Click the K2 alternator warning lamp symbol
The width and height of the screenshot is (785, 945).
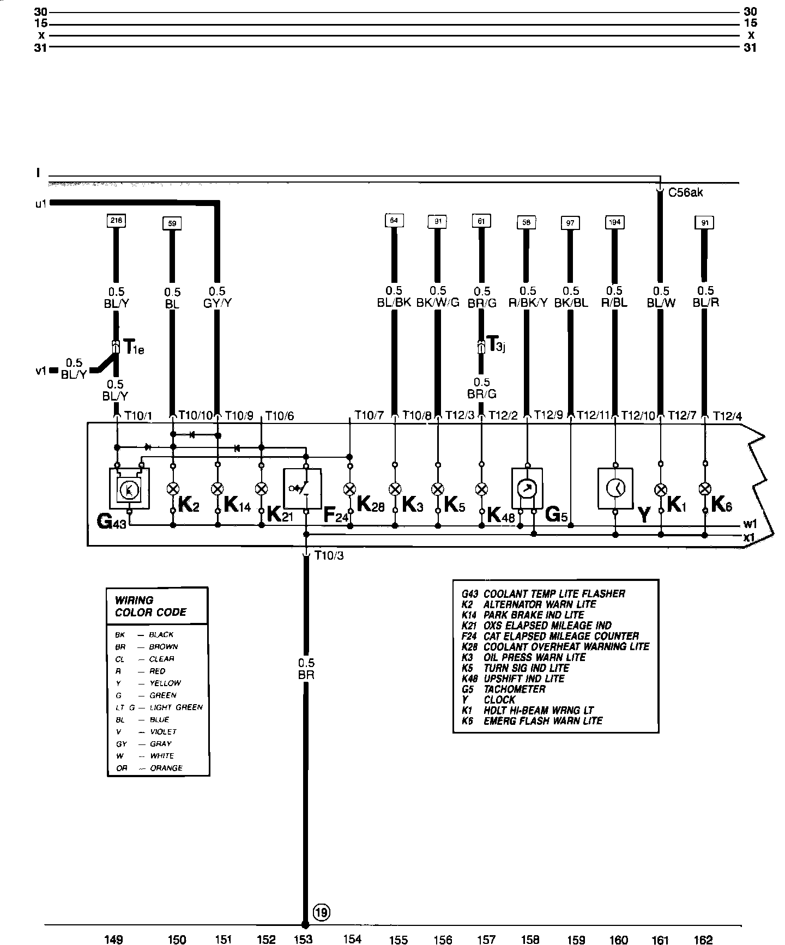(x=173, y=488)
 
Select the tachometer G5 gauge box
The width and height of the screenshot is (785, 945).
(x=527, y=488)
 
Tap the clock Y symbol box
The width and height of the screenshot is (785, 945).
(x=615, y=488)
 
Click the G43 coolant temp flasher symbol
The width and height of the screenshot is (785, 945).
(x=129, y=490)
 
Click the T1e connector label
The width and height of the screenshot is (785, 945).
(x=134, y=347)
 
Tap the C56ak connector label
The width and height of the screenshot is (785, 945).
(x=685, y=192)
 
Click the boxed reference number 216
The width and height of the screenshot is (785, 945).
(x=117, y=221)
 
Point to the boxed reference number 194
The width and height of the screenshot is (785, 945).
(x=614, y=222)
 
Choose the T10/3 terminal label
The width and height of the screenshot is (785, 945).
(x=329, y=556)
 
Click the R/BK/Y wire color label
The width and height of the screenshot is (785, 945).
(x=527, y=303)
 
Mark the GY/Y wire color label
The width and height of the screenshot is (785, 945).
(x=217, y=304)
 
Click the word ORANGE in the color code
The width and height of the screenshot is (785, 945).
(x=166, y=768)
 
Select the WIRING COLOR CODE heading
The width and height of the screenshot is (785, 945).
(x=150, y=606)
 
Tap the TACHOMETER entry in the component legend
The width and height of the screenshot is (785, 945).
(x=515, y=689)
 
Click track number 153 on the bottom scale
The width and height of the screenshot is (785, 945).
(x=303, y=938)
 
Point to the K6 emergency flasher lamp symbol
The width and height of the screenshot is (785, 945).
(x=705, y=488)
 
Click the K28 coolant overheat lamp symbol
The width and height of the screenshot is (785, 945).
(x=350, y=488)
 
